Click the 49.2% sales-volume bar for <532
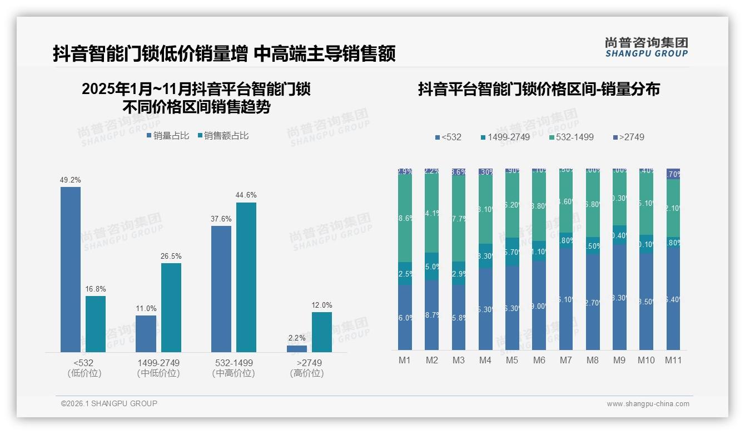[x=71, y=269]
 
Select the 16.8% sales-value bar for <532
[x=96, y=324]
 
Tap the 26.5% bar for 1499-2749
[x=171, y=307]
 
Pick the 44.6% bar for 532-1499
[x=246, y=277]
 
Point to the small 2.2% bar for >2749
[x=297, y=349]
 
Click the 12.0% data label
[x=322, y=305]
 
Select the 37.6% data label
[x=221, y=219]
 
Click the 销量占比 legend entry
[x=168, y=136]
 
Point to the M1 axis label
[x=405, y=360]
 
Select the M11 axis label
[x=673, y=360]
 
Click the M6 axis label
[x=539, y=360]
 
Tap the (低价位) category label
[x=84, y=373]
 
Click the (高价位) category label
[x=306, y=373]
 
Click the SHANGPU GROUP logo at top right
[x=646, y=47]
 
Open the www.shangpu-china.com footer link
[x=648, y=404]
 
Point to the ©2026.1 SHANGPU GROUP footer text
[x=109, y=403]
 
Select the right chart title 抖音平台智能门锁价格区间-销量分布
[x=538, y=90]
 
